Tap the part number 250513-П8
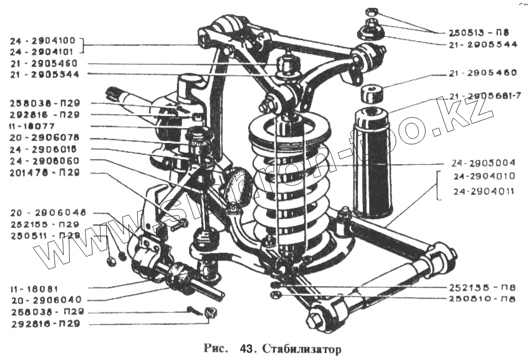(474, 32)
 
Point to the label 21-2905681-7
(484, 96)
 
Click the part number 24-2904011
(484, 191)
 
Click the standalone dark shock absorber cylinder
(373, 163)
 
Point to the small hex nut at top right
(370, 10)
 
